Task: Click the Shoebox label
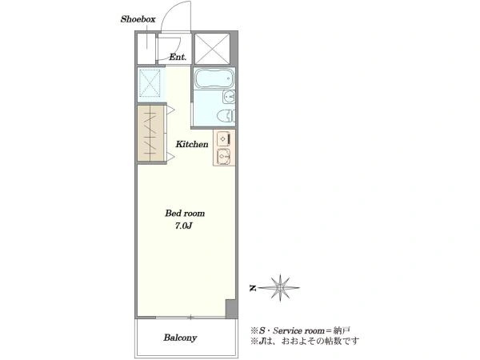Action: coord(138,19)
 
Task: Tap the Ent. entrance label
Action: coord(178,57)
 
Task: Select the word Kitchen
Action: coord(192,144)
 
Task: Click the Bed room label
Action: coord(185,213)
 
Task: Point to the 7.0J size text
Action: coord(183,226)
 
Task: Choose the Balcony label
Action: coord(180,338)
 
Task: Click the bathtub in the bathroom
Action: coord(214,78)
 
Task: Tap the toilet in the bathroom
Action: coord(226,116)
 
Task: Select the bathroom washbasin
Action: coord(229,97)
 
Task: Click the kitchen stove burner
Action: coord(224,138)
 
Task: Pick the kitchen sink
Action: coord(223,157)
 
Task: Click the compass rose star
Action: coord(280,287)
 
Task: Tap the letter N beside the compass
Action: coord(253,288)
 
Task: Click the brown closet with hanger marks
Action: coord(150,133)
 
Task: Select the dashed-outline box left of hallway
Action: coord(150,82)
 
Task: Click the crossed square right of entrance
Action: coord(213,49)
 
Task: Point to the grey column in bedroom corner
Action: coord(231,309)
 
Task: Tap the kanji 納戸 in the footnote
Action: coord(342,331)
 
